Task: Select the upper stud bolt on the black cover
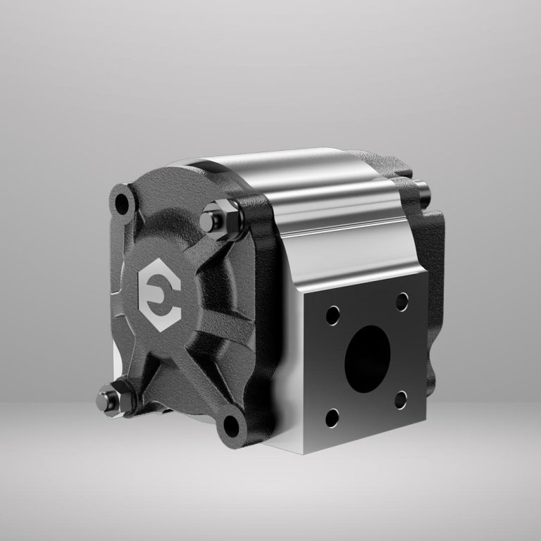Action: tap(209, 219)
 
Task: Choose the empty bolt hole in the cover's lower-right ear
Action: tap(231, 425)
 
